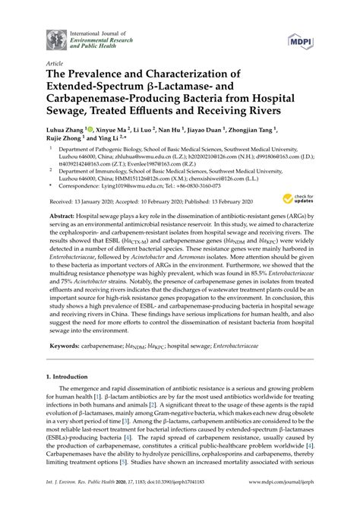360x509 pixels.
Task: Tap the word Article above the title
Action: pos(55,64)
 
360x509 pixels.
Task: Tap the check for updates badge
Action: pos(295,199)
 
